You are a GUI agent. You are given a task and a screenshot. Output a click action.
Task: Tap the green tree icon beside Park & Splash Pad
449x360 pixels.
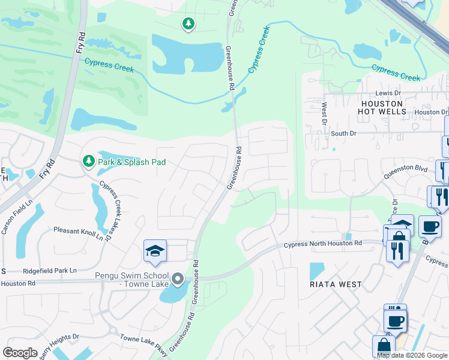click(x=88, y=161)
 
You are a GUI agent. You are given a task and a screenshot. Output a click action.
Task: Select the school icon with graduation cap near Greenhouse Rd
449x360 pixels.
click(x=155, y=252)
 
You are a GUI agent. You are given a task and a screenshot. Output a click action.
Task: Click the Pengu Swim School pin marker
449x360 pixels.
click(x=177, y=279)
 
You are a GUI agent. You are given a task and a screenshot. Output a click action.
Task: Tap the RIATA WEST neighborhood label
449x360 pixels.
click(x=336, y=284)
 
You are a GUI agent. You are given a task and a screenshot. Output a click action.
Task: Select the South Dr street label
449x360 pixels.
click(x=343, y=133)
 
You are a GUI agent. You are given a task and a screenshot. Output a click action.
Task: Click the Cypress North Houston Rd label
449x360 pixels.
click(x=322, y=244)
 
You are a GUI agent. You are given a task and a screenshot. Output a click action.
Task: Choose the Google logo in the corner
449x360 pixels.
click(x=20, y=353)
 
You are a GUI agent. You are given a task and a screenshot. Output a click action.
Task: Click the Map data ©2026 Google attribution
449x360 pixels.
click(x=412, y=355)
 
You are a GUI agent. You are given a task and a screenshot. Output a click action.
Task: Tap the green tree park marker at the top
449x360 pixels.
click(x=188, y=23)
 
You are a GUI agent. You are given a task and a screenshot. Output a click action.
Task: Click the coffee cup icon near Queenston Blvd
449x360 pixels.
click(x=430, y=226)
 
